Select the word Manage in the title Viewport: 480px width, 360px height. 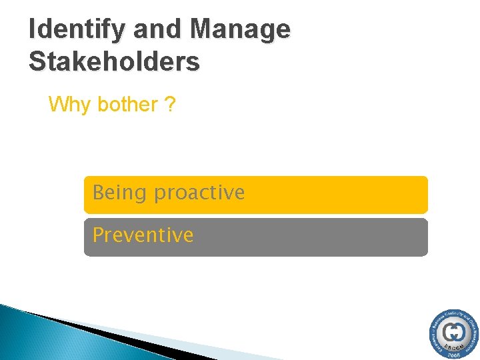tap(240, 29)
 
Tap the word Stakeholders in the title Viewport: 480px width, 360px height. tap(114, 61)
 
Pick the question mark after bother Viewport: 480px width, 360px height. tap(170, 105)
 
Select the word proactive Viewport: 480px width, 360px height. tap(199, 193)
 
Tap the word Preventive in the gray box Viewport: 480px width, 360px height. tap(143, 235)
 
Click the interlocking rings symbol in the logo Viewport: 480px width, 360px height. tap(454, 331)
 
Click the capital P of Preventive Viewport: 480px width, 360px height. tap(98, 235)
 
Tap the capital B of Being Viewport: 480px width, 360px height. tap(99, 193)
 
